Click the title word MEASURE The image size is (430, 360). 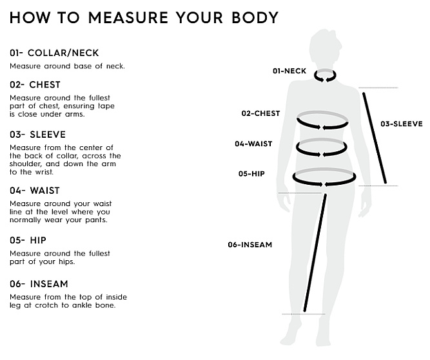click(128, 18)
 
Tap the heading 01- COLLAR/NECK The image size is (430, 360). click(54, 53)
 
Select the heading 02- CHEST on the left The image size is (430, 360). click(35, 84)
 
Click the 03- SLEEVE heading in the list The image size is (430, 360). click(38, 135)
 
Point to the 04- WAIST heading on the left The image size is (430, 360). click(35, 191)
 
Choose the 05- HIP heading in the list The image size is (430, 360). click(28, 240)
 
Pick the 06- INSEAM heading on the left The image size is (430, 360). click(39, 284)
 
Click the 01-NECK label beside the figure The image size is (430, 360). click(289, 71)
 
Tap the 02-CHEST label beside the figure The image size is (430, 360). click(261, 113)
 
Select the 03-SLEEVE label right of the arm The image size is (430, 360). click(402, 124)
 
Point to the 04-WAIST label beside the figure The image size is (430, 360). click(253, 144)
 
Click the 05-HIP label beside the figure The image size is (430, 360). click(251, 174)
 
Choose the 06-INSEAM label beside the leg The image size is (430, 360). click(250, 245)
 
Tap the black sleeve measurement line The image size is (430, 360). click(375, 138)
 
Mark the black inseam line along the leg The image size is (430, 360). click(315, 252)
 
